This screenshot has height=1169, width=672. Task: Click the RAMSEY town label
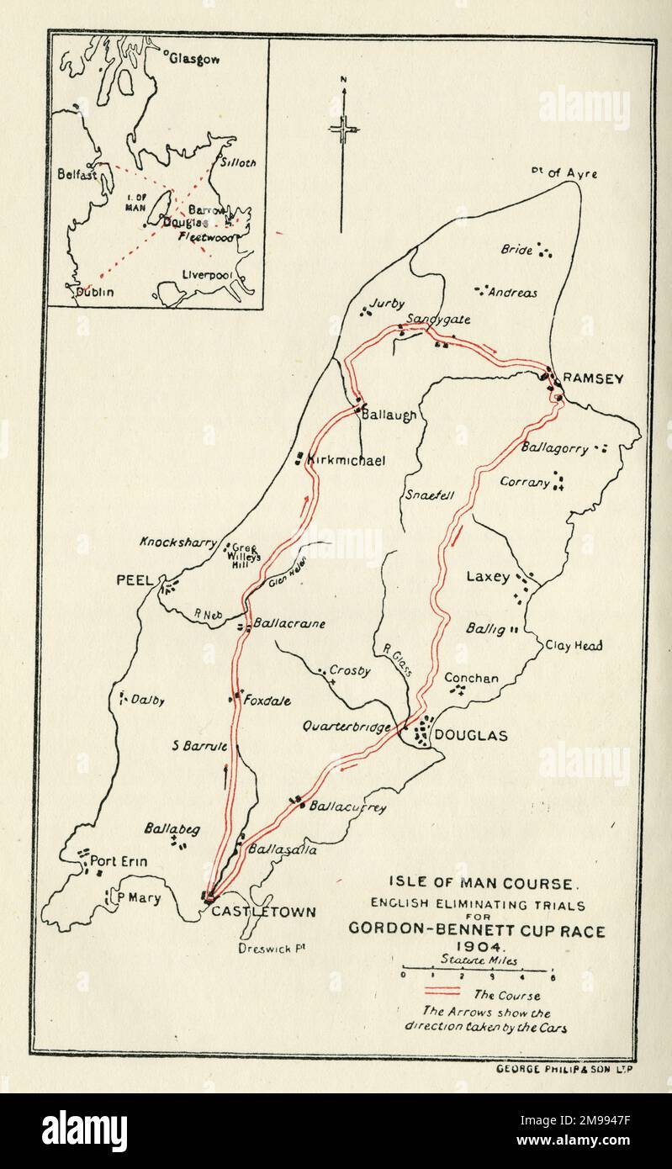pos(593,378)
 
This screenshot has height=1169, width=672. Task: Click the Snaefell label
pos(430,495)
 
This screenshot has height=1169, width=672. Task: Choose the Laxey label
pos(488,577)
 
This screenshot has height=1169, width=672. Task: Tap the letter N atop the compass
pos(343,80)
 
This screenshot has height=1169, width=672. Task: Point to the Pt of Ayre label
pos(564,173)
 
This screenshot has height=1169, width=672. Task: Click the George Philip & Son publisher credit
pos(559,1067)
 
